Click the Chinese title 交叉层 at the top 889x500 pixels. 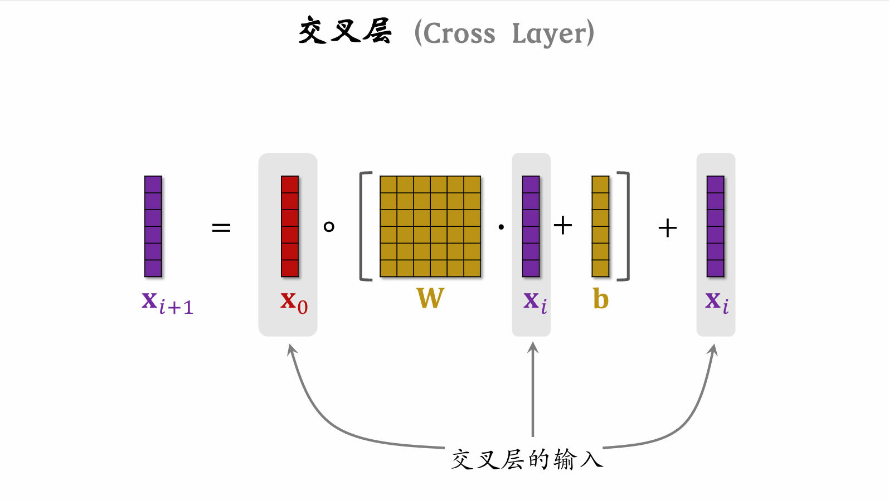point(345,31)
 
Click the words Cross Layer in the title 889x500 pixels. point(504,33)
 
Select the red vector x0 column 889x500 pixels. point(290,226)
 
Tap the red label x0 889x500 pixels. point(294,302)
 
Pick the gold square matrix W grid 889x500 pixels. point(430,226)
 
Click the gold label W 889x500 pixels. point(430,298)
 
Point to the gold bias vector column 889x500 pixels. point(600,226)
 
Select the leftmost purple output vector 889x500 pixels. point(153,226)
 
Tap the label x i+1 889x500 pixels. point(167,303)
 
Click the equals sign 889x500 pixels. point(221,227)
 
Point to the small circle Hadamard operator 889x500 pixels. point(329,227)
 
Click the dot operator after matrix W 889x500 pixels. point(501,227)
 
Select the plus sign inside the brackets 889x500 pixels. point(563,226)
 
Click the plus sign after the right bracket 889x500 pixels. point(667,228)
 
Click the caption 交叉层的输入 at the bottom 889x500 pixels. point(527,460)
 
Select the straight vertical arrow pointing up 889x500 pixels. point(533,390)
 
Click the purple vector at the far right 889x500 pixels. point(716,226)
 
